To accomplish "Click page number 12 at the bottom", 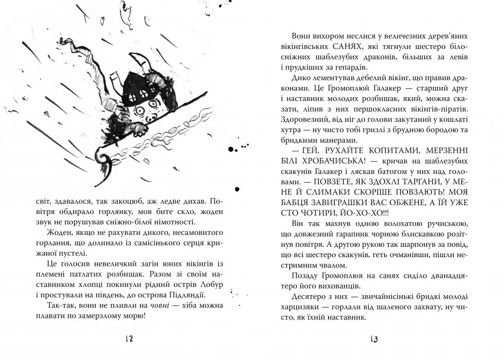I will click(x=129, y=339).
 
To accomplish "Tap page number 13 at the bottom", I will click(x=374, y=339).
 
